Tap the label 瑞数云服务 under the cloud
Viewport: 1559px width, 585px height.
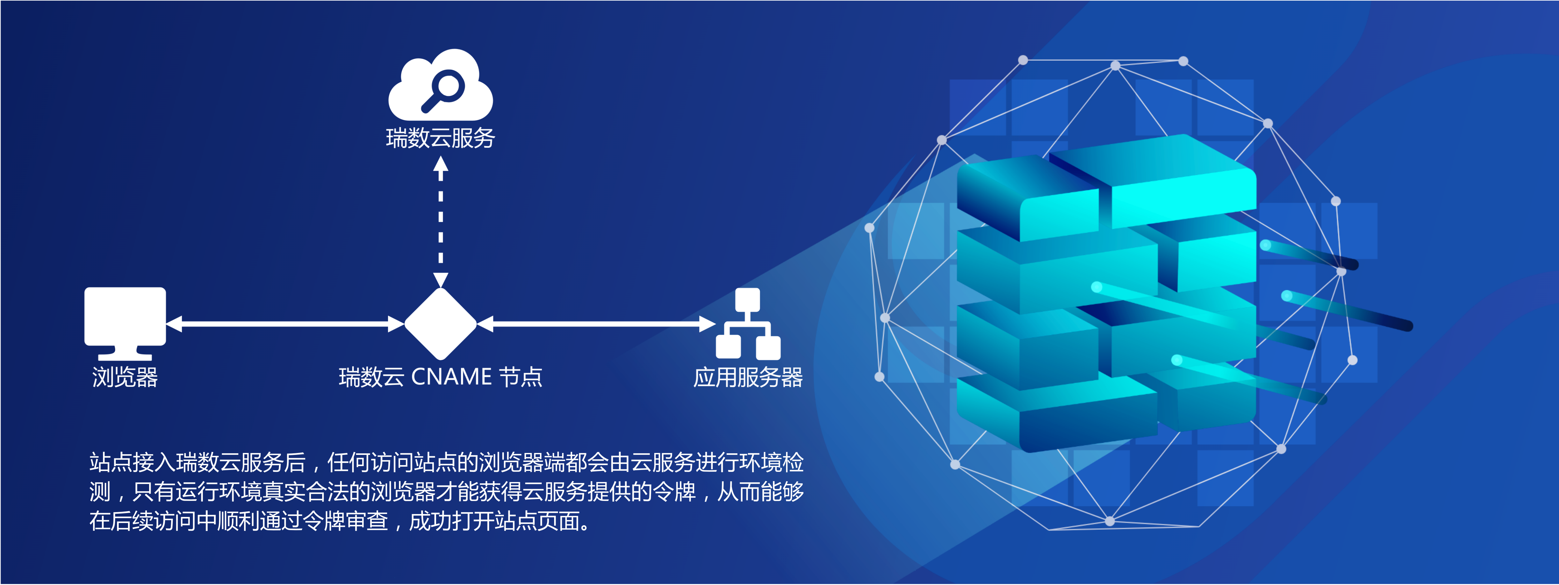441,138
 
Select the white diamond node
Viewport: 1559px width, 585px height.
441,324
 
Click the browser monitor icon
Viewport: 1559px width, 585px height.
125,323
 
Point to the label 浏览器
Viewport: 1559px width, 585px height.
125,377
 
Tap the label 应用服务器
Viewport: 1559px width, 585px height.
748,377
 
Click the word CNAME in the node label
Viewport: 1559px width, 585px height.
451,377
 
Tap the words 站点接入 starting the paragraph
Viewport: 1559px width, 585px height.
133,462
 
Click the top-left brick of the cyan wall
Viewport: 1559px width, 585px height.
1029,200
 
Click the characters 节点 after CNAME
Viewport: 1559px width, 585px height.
521,377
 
